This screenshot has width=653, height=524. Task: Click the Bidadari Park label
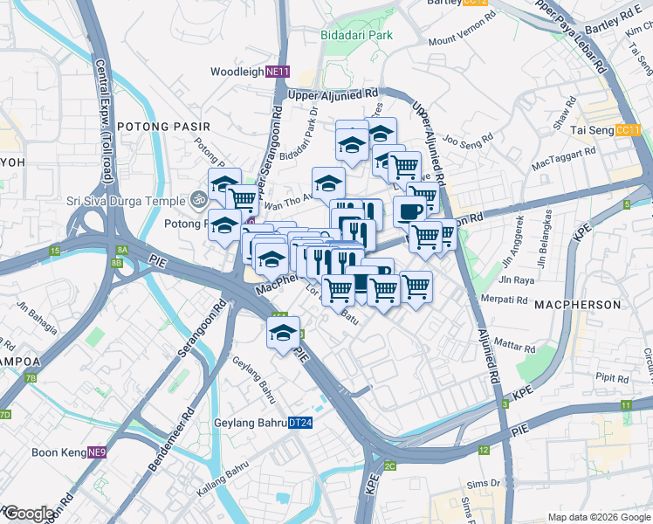click(x=356, y=35)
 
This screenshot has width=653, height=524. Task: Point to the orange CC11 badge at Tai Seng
click(x=628, y=130)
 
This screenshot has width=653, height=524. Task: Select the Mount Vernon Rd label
click(x=457, y=40)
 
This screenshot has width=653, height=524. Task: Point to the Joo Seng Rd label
click(x=469, y=137)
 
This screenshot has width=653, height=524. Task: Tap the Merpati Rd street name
click(x=505, y=299)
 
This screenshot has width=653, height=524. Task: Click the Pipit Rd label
click(x=613, y=380)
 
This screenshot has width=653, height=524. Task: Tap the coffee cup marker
click(x=409, y=210)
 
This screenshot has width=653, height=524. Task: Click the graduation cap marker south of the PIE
click(x=283, y=333)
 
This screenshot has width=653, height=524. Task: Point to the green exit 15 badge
click(x=54, y=252)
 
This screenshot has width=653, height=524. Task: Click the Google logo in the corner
click(x=29, y=514)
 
